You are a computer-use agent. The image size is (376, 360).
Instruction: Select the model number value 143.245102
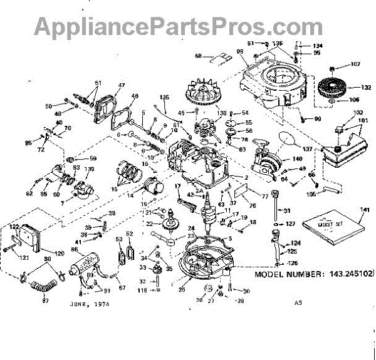tap(347, 274)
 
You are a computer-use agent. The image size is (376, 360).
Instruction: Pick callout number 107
tap(355, 64)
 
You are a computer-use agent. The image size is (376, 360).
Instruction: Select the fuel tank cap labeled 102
tap(341, 130)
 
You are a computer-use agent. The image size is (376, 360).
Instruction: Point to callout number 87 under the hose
tap(44, 300)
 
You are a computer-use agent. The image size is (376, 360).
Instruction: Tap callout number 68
tap(199, 56)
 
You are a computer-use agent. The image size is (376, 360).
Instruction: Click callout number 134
tap(318, 46)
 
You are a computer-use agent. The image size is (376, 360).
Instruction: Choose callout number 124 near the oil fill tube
tap(295, 242)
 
